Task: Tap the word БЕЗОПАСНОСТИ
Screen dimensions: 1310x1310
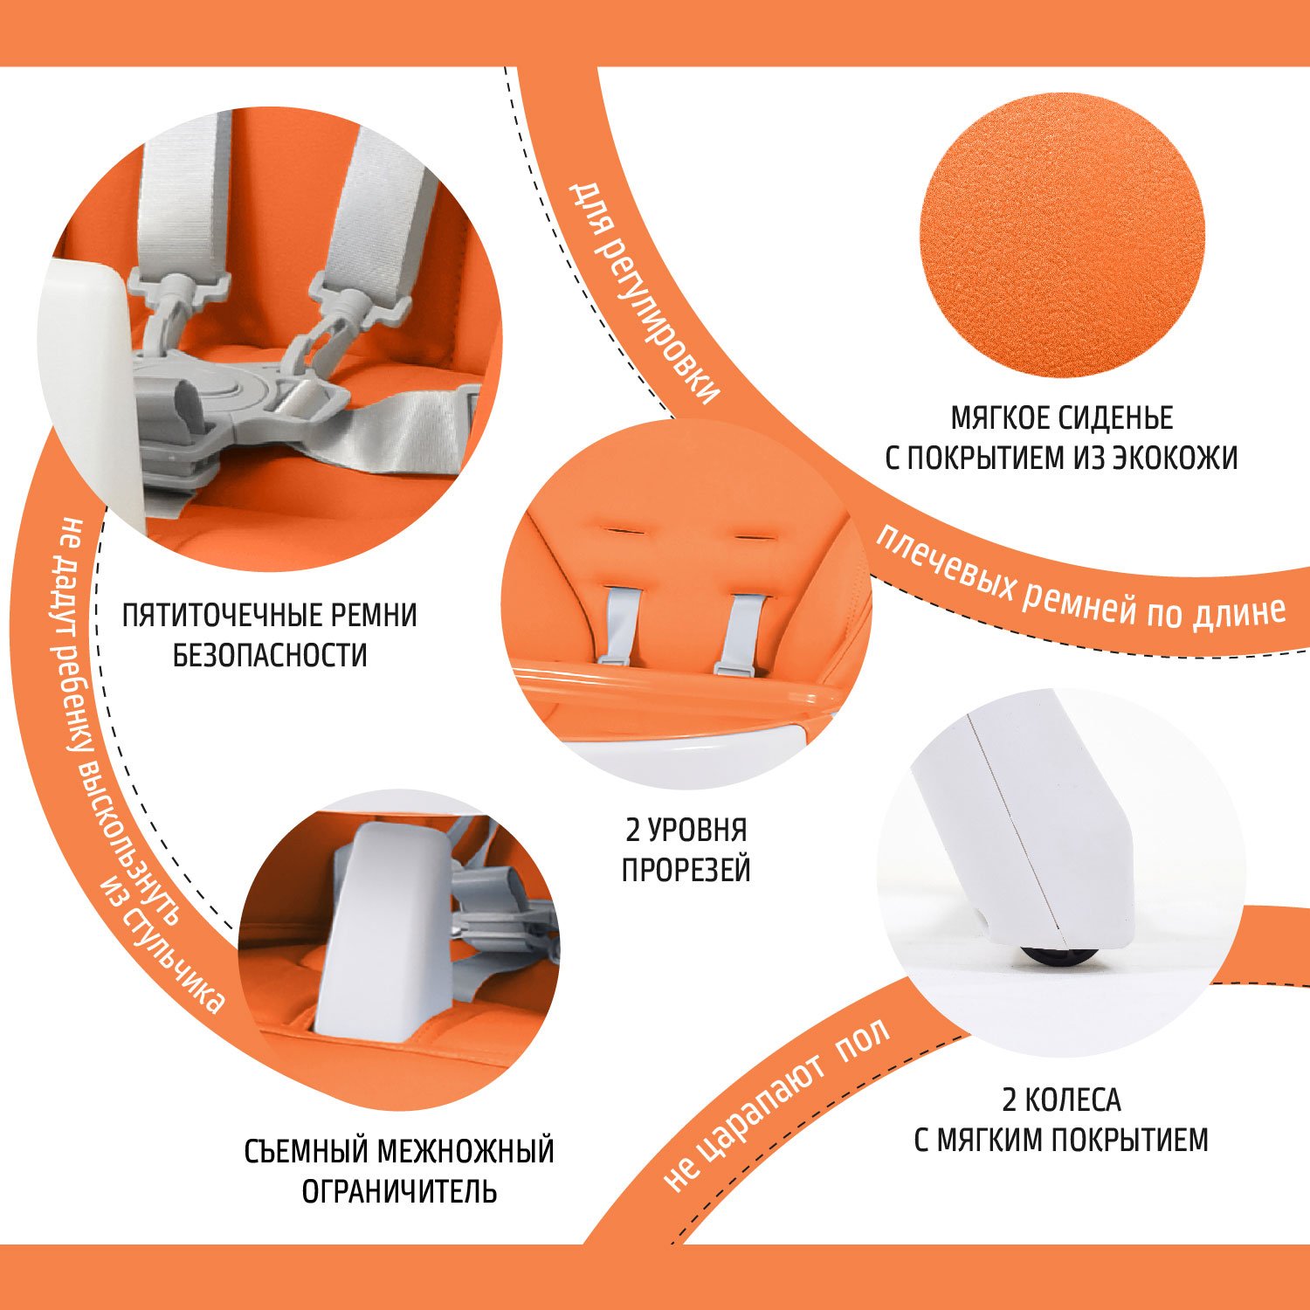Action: click(270, 655)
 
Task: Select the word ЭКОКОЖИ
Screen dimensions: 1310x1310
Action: click(1175, 458)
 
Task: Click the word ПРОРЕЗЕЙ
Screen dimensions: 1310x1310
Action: click(686, 870)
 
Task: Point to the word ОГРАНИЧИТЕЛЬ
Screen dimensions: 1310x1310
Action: click(399, 1191)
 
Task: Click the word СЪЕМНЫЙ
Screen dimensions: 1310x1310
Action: click(305, 1151)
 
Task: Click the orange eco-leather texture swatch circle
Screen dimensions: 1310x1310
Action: click(1062, 235)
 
